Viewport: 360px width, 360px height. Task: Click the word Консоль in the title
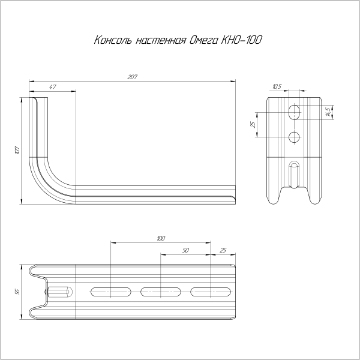tap(113, 40)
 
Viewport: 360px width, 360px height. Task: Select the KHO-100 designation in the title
tap(241, 40)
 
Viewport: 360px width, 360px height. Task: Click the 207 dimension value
tap(133, 77)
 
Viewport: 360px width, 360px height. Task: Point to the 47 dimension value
tap(53, 87)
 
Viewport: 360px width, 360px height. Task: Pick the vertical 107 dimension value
tap(18, 151)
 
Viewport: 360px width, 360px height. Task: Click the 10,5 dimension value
tap(277, 86)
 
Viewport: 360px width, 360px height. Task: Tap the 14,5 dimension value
tap(329, 112)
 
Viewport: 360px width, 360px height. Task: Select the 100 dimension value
tap(161, 238)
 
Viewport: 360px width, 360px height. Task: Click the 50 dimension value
tap(185, 250)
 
